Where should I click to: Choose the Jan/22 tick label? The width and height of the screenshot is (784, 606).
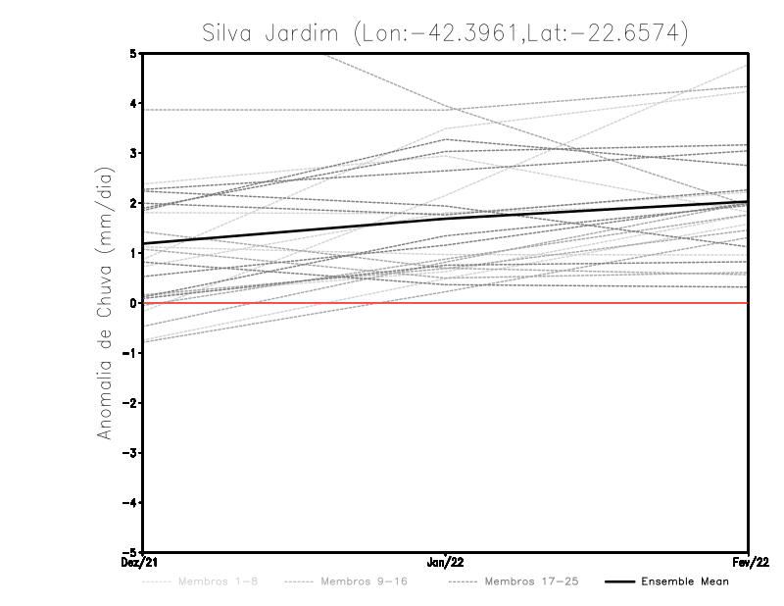(446, 563)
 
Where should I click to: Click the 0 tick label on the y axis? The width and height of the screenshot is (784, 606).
(133, 303)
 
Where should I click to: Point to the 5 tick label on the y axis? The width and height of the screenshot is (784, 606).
(133, 53)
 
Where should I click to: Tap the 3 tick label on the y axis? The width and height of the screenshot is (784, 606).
(133, 153)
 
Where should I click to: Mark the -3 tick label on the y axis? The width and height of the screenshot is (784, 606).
(130, 453)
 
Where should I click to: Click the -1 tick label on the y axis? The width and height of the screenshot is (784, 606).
(130, 353)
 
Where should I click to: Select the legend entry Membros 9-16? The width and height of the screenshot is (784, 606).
(364, 581)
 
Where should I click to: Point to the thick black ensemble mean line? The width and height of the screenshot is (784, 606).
(294, 230)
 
